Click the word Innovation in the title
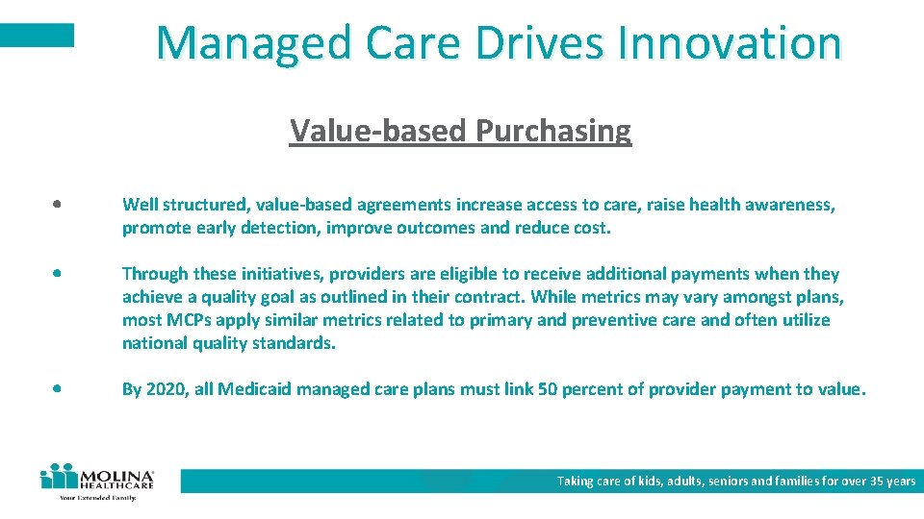[731, 42]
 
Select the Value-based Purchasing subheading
[460, 130]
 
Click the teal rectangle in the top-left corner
[37, 36]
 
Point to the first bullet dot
[60, 206]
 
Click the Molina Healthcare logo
[96, 482]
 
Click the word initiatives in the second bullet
[283, 274]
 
